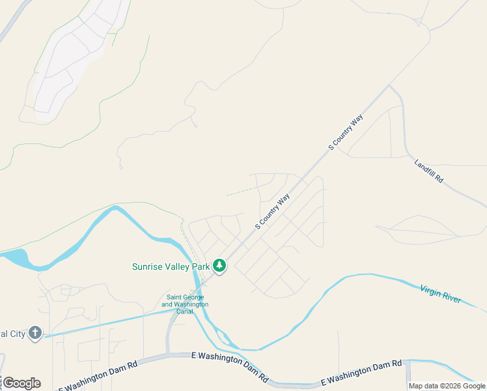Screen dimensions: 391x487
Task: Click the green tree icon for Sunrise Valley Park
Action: [x=220, y=266]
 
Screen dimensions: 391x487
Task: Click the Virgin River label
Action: [x=441, y=294]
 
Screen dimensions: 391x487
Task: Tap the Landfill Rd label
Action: [x=428, y=170]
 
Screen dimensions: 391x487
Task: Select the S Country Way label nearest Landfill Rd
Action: [x=345, y=132]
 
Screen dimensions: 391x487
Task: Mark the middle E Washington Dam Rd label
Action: [x=230, y=367]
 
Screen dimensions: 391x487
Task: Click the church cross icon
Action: [x=35, y=334]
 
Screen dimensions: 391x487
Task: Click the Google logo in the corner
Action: [x=21, y=383]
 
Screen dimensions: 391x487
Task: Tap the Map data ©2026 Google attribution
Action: [x=447, y=386]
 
